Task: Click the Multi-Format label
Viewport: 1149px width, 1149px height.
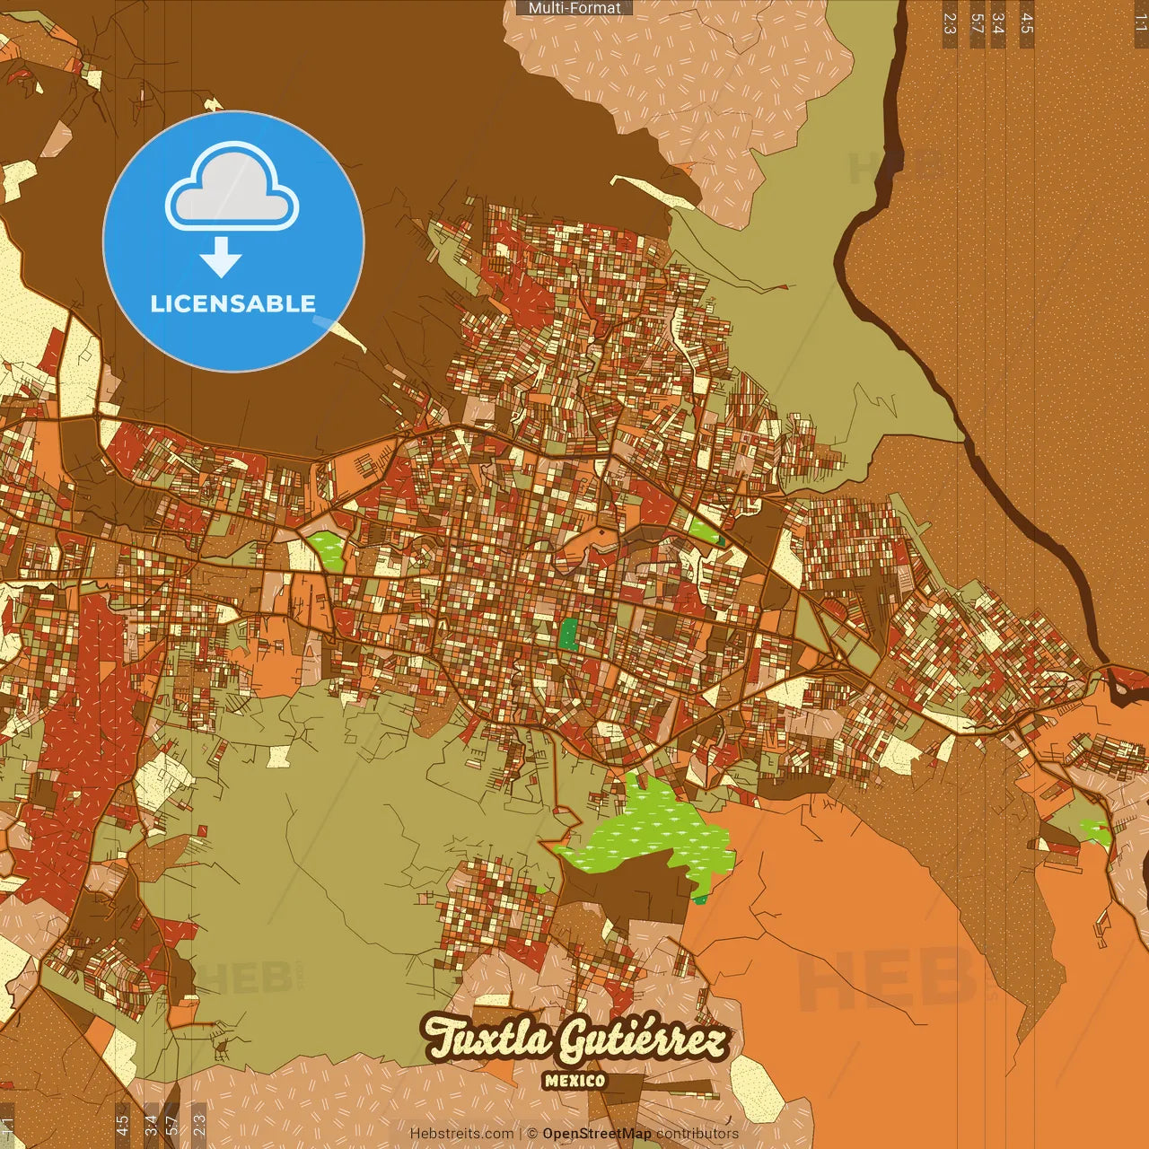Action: tap(574, 8)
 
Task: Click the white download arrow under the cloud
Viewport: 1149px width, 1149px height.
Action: tap(221, 256)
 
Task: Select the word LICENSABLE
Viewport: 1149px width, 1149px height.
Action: tap(233, 303)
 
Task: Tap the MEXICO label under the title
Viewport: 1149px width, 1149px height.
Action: tap(574, 1081)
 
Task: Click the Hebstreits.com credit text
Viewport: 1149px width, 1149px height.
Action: tap(461, 1134)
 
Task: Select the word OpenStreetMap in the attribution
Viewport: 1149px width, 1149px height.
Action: tap(597, 1134)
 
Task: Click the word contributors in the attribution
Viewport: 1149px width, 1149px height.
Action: tap(697, 1134)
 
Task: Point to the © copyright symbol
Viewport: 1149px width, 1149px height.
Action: tap(531, 1134)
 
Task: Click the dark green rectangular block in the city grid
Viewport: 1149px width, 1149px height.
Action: tap(568, 633)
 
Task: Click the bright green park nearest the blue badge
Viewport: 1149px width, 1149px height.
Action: tap(327, 548)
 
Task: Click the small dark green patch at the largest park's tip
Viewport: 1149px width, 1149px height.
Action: tap(700, 899)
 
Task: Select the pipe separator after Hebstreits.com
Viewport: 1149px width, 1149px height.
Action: tap(521, 1134)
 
